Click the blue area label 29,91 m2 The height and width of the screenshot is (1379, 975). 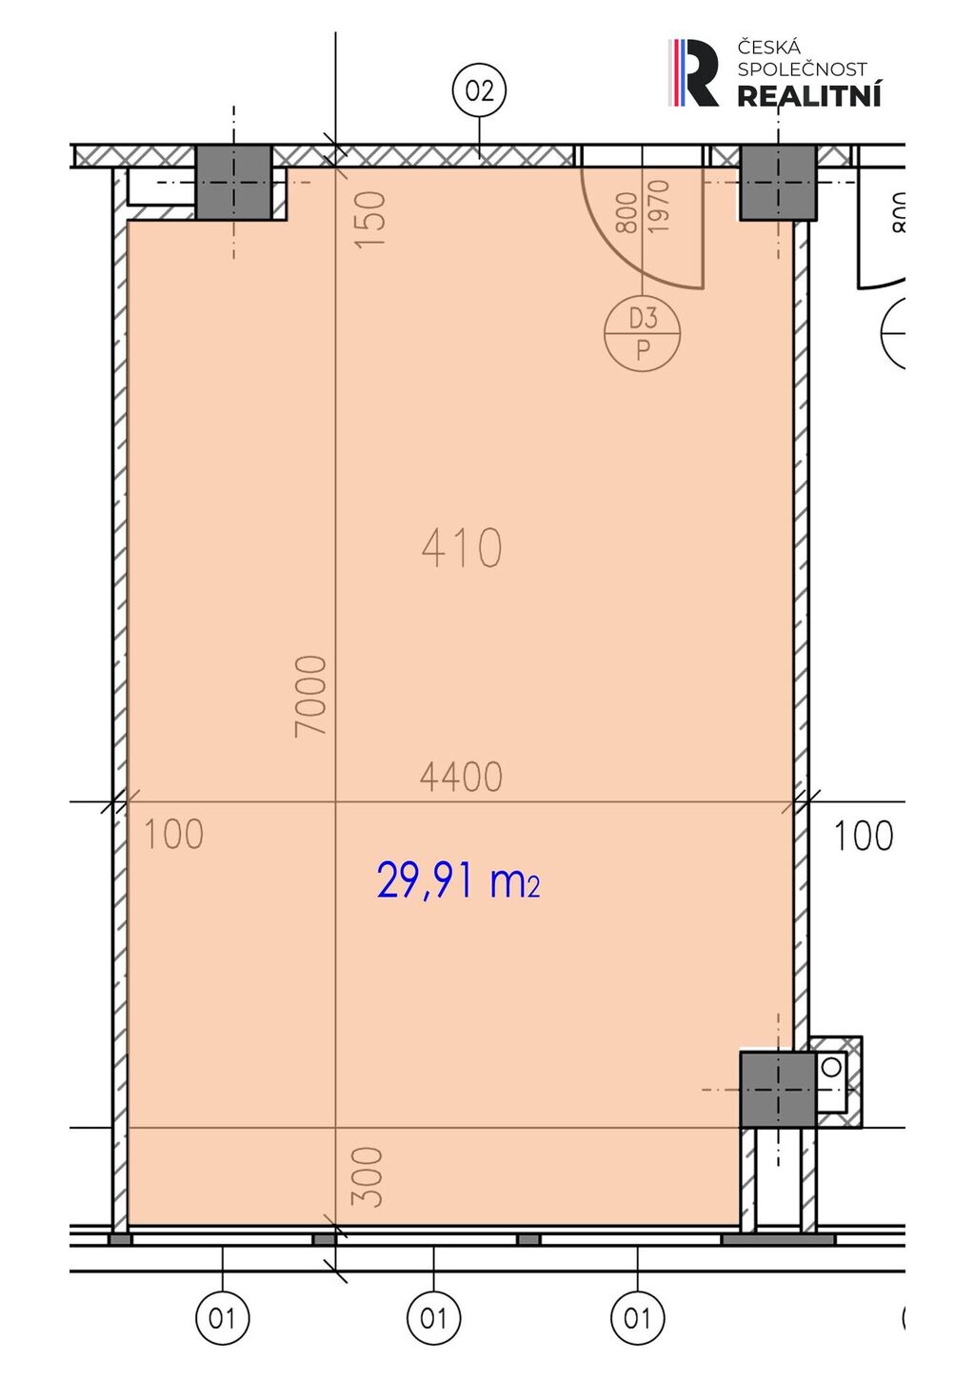(458, 880)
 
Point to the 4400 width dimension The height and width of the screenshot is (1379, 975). (461, 777)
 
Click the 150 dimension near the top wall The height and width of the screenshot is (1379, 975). (370, 219)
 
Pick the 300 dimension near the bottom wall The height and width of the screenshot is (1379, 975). (368, 1176)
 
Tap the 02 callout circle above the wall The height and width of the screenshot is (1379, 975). (480, 91)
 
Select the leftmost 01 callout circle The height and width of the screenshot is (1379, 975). (223, 1318)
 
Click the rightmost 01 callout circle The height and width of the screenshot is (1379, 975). (638, 1318)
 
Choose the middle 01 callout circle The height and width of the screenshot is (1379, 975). (433, 1318)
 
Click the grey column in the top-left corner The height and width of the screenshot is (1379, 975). (233, 182)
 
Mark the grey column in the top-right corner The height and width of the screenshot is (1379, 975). (778, 182)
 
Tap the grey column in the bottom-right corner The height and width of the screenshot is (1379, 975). (778, 1089)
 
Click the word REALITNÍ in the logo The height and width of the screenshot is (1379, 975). (809, 96)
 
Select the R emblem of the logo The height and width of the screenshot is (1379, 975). (693, 72)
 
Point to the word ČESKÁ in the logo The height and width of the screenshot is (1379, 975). (768, 47)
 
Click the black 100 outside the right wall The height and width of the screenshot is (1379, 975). (863, 836)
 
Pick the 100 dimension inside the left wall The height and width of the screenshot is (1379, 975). (173, 835)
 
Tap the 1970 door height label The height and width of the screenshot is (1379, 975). (659, 206)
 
